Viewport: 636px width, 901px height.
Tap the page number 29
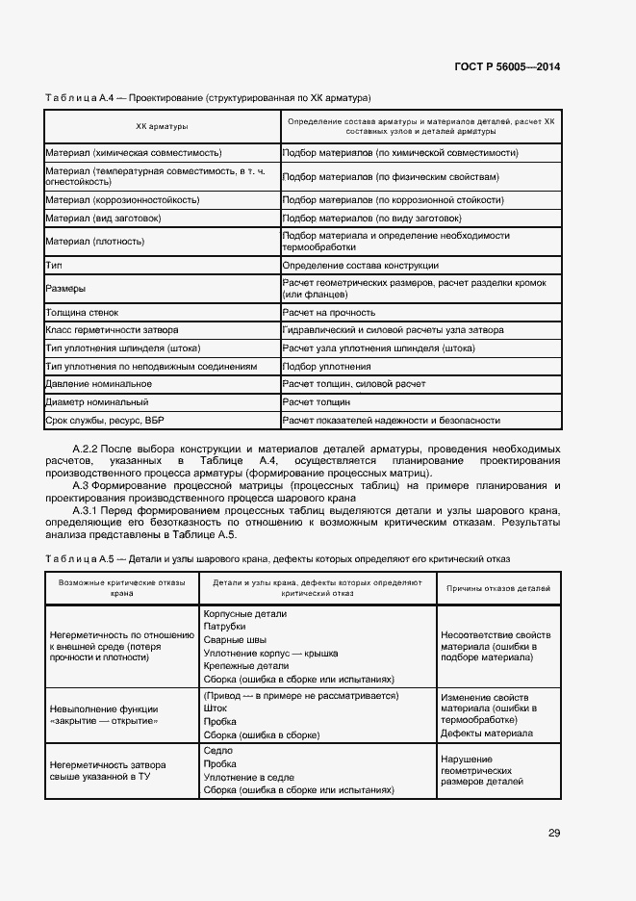[554, 834]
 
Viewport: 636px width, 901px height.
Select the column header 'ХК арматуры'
[161, 127]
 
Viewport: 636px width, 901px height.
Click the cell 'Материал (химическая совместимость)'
[134, 153]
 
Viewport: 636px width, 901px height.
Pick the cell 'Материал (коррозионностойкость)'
[122, 200]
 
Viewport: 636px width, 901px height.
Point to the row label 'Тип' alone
[54, 265]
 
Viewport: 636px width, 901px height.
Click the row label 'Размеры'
[64, 288]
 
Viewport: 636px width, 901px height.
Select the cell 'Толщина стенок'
[84, 312]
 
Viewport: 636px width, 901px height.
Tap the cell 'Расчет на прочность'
[328, 312]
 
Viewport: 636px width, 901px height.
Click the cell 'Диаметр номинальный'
[96, 402]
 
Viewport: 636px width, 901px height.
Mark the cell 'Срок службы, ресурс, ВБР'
[106, 421]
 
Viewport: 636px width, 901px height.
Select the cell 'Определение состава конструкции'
[360, 265]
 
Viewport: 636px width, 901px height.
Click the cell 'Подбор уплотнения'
[326, 367]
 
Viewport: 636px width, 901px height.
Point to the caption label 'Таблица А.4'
[83, 98]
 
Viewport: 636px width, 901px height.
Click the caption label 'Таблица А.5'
[83, 558]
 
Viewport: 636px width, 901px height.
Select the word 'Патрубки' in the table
[224, 627]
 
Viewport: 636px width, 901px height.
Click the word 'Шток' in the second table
[216, 708]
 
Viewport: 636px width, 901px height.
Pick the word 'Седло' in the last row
[217, 750]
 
